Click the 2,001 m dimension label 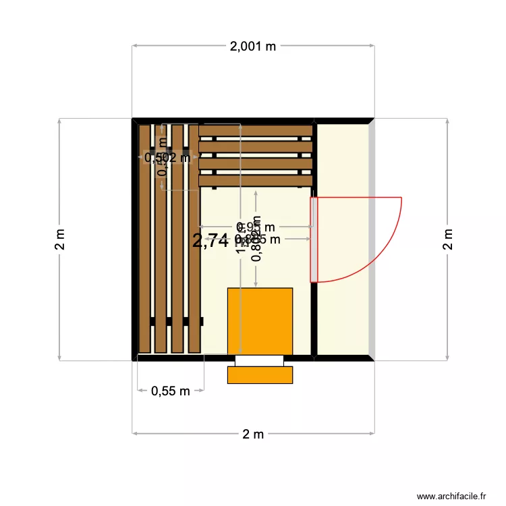tap(253, 47)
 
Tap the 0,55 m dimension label tap(171, 391)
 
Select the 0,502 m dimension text tap(168, 158)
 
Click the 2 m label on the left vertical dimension tap(59, 238)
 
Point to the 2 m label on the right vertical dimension tap(447, 238)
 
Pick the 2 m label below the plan tap(253, 434)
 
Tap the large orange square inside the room tap(260, 320)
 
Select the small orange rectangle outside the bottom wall tap(260, 375)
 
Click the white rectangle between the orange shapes tap(260, 360)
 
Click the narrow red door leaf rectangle tap(314, 239)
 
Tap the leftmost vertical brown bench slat tap(144, 239)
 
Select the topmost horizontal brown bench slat tap(256, 130)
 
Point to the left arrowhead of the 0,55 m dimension tap(139, 389)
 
